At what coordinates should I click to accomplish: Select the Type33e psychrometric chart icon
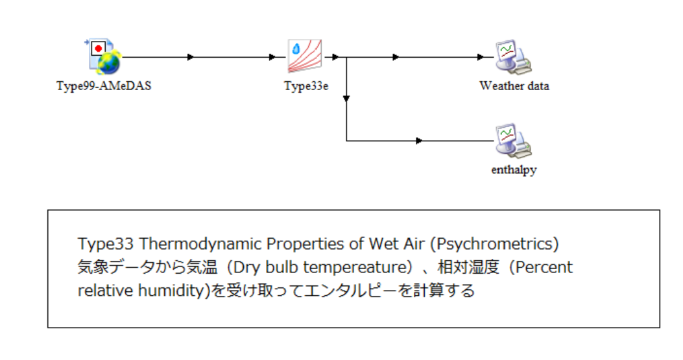coord(305,56)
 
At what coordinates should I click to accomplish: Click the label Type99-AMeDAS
coord(104,86)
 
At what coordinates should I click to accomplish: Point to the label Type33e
coord(306,86)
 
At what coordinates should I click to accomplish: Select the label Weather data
coord(514,86)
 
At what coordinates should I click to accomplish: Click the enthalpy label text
coord(514,169)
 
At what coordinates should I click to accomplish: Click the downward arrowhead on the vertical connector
coord(346,99)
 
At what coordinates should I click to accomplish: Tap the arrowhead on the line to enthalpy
coord(419,141)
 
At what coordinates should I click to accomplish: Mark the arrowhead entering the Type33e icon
coord(272,57)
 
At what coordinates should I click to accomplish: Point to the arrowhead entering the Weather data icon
coord(480,57)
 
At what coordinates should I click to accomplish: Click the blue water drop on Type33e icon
coord(296,49)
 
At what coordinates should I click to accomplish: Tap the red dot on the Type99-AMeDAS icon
coord(99,48)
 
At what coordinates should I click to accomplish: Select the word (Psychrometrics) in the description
coord(494,244)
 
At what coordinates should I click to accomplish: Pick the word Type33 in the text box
coord(106,244)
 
